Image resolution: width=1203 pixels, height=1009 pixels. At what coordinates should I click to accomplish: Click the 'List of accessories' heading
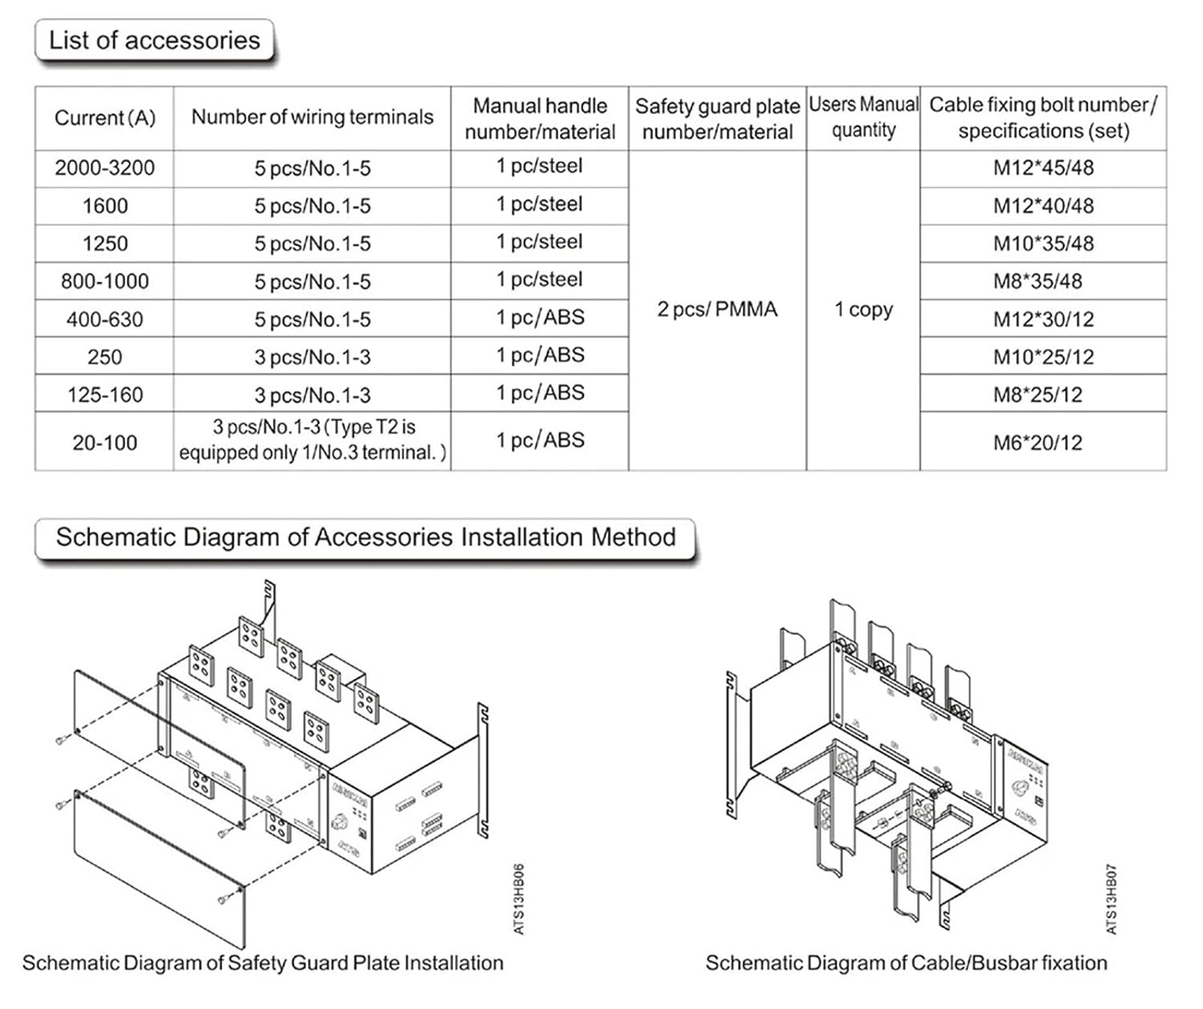pyautogui.click(x=154, y=40)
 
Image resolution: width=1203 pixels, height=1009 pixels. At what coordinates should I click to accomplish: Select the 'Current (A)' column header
pyautogui.click(x=104, y=118)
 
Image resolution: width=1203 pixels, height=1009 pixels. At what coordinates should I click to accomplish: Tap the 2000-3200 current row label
pyautogui.click(x=104, y=168)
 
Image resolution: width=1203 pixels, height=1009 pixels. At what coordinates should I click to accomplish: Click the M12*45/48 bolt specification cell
pyautogui.click(x=1043, y=168)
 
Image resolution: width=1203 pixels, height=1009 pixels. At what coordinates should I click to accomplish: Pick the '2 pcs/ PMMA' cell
pyautogui.click(x=717, y=310)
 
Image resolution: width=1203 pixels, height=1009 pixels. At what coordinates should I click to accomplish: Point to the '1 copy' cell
pyautogui.click(x=863, y=310)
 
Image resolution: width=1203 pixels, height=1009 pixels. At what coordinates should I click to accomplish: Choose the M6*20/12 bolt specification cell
pyautogui.click(x=1038, y=442)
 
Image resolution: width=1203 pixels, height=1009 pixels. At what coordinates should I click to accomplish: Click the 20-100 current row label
pyautogui.click(x=104, y=442)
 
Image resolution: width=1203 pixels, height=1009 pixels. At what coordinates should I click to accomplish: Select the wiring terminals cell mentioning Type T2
pyautogui.click(x=312, y=440)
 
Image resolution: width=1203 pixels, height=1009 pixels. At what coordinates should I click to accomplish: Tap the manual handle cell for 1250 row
pyautogui.click(x=539, y=242)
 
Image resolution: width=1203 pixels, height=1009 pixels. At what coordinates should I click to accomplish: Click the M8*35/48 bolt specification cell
pyautogui.click(x=1038, y=282)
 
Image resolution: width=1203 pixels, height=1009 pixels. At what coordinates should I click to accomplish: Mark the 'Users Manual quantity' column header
pyautogui.click(x=863, y=117)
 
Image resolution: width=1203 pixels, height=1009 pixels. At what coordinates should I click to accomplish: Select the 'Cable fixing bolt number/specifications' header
pyautogui.click(x=1043, y=117)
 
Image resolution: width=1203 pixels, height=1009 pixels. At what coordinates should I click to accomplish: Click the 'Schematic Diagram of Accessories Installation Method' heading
pyautogui.click(x=366, y=537)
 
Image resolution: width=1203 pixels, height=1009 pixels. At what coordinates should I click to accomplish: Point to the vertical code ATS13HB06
pyautogui.click(x=519, y=898)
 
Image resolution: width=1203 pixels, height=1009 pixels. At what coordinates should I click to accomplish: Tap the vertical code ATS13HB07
pyautogui.click(x=1112, y=898)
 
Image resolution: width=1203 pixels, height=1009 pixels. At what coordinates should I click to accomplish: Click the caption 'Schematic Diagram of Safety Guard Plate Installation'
pyautogui.click(x=263, y=962)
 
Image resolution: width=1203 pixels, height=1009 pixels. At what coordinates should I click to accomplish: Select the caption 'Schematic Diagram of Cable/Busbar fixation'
pyautogui.click(x=906, y=962)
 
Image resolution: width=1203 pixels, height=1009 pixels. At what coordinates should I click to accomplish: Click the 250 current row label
pyautogui.click(x=104, y=357)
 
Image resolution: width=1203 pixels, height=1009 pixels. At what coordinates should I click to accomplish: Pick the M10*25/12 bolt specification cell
pyautogui.click(x=1043, y=357)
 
